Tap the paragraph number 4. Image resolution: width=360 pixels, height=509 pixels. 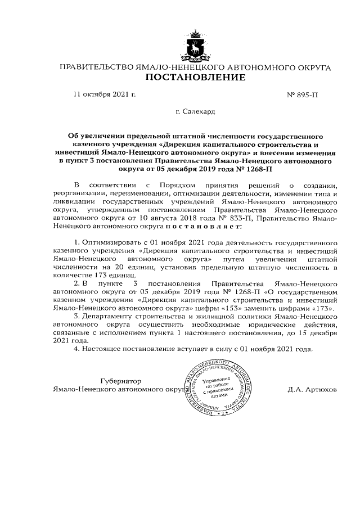[x=77, y=349]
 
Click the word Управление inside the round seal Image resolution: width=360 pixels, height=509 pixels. [x=217, y=380]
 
